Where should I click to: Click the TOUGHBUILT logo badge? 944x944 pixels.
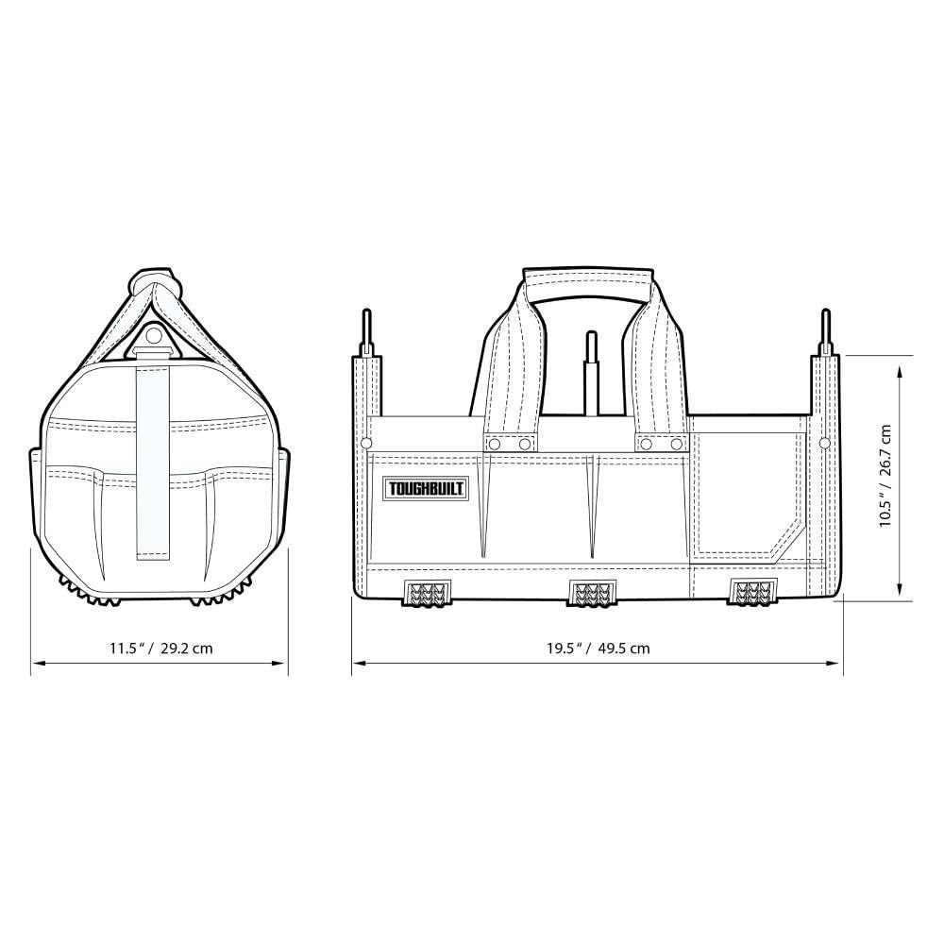point(425,489)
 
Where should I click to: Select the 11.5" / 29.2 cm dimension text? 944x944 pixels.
point(160,649)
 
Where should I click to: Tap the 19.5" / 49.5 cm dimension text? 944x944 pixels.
point(598,649)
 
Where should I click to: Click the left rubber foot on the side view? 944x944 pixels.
point(426,593)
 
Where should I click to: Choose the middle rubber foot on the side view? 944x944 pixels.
point(590,593)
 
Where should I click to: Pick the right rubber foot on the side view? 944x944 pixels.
point(753,593)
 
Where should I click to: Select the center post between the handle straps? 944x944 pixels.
point(592,373)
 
